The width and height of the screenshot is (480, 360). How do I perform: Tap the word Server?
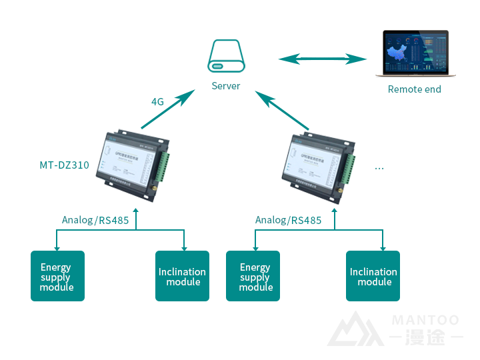[x=226, y=86]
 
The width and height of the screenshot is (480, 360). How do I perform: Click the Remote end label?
[x=415, y=89]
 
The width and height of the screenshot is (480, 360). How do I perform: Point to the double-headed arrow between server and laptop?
[x=322, y=59]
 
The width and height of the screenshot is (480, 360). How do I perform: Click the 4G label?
[x=157, y=102]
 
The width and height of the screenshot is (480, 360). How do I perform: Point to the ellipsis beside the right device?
[x=379, y=168]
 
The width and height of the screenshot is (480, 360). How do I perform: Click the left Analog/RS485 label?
[x=92, y=220]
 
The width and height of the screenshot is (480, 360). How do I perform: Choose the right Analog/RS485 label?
[x=288, y=220]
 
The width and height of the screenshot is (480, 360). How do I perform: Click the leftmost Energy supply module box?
[x=57, y=276]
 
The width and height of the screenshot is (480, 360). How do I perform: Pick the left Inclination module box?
[x=182, y=276]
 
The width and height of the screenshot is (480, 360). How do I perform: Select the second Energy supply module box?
[x=253, y=276]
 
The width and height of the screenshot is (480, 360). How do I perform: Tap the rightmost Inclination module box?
[x=373, y=276]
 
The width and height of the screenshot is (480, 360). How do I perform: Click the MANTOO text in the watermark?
[x=425, y=321]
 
